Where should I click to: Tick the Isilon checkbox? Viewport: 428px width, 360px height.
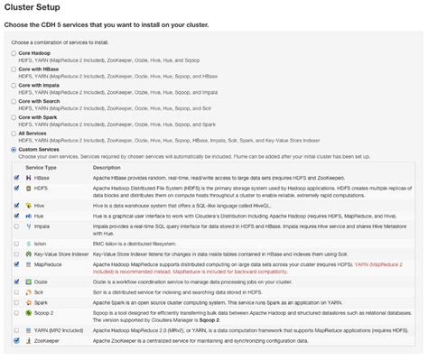(17, 242)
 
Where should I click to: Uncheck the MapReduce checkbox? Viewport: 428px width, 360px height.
(17, 267)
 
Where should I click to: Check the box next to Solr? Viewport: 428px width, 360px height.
(17, 292)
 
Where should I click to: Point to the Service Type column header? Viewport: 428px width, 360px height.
(42, 167)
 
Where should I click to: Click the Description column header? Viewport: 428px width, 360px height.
(107, 167)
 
